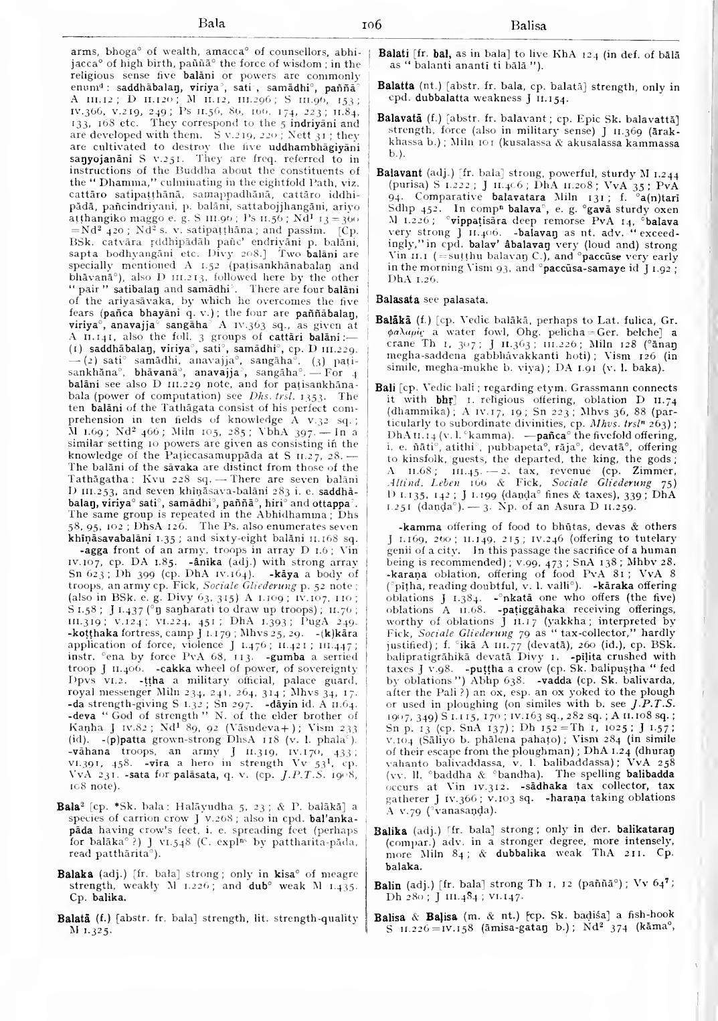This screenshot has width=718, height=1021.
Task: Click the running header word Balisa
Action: tap(529, 27)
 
